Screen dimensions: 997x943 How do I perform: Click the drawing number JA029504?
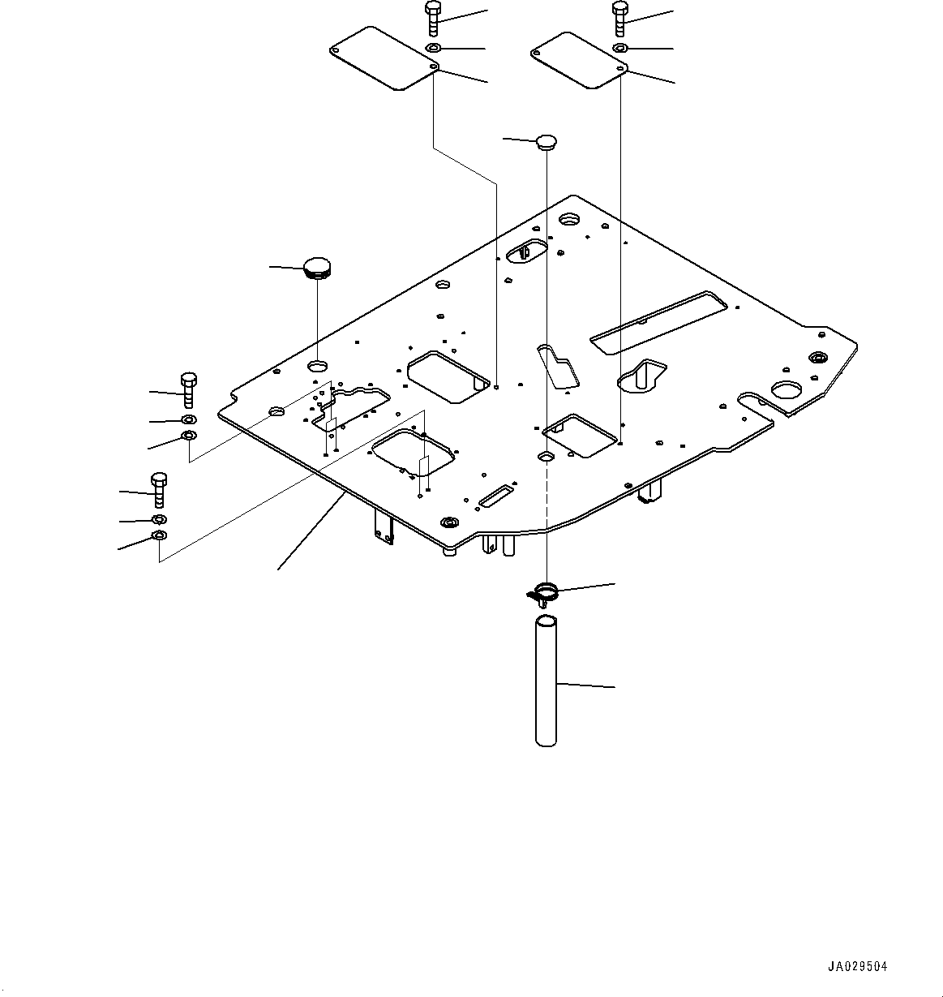(858, 966)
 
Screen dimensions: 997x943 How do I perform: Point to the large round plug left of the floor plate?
(317, 267)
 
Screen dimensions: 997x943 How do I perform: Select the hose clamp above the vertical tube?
(545, 591)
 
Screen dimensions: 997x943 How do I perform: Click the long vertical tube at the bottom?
(547, 681)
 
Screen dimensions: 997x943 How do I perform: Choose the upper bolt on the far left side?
(187, 389)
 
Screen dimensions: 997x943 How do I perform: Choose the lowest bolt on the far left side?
(159, 489)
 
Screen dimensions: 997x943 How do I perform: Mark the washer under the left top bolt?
(434, 49)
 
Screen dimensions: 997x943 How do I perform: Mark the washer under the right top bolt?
(620, 49)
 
